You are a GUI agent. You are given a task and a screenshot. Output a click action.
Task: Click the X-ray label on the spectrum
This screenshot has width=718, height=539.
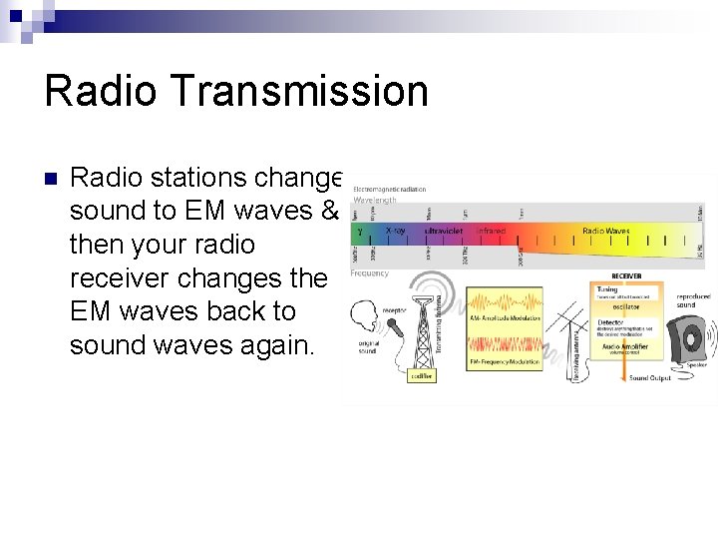click(395, 231)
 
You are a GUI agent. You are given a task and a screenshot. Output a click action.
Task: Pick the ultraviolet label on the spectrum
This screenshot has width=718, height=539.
click(443, 231)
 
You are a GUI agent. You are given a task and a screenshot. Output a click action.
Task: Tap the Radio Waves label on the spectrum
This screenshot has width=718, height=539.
click(606, 231)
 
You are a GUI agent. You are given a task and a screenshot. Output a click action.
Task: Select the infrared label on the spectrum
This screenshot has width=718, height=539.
click(491, 231)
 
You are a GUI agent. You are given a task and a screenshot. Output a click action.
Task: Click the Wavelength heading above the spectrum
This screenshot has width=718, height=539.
click(375, 200)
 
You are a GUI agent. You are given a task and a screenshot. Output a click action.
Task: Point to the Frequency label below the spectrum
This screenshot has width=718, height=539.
click(371, 271)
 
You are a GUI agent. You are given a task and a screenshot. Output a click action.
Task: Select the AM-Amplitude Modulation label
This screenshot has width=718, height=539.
click(506, 318)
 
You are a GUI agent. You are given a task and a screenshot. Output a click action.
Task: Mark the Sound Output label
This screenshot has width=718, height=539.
click(648, 378)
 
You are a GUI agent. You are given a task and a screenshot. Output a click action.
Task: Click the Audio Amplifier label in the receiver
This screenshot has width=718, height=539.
click(624, 345)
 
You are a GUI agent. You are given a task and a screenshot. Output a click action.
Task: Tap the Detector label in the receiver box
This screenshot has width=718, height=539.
click(610, 322)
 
